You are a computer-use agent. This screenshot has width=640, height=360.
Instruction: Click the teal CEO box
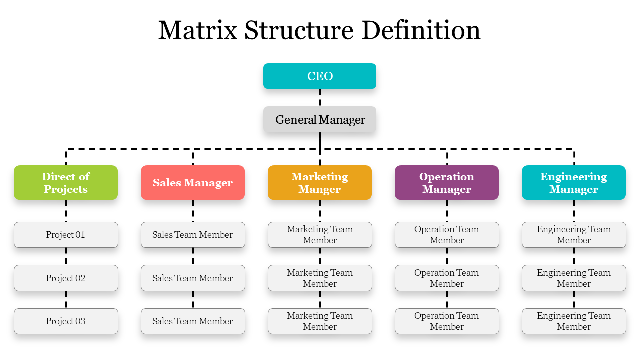pyautogui.click(x=320, y=76)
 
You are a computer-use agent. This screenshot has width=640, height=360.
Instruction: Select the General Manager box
pyautogui.click(x=320, y=120)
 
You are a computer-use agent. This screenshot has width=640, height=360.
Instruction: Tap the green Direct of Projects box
pyautogui.click(x=66, y=183)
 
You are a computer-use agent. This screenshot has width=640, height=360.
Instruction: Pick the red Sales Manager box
pyautogui.click(x=193, y=183)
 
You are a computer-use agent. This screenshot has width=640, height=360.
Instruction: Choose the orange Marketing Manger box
pyautogui.click(x=320, y=183)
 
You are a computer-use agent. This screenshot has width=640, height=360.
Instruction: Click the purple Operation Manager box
pyautogui.click(x=447, y=183)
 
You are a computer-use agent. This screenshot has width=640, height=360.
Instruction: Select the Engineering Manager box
pyautogui.click(x=574, y=183)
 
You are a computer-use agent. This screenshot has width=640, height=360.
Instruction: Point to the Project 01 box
pyautogui.click(x=66, y=235)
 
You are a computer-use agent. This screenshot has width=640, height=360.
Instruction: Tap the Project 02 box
pyautogui.click(x=66, y=278)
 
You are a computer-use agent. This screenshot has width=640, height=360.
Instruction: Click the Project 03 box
pyautogui.click(x=66, y=321)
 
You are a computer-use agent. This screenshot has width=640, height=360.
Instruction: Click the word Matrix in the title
pyautogui.click(x=198, y=30)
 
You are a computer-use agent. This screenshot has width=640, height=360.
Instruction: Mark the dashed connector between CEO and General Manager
pyautogui.click(x=320, y=97)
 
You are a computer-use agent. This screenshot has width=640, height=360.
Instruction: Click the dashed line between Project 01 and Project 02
pyautogui.click(x=66, y=256)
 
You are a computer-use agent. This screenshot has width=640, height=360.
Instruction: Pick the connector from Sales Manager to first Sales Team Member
pyautogui.click(x=193, y=211)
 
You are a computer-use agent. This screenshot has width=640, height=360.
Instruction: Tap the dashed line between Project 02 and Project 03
pyautogui.click(x=66, y=300)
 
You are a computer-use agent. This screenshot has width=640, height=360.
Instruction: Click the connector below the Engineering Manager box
pyautogui.click(x=574, y=211)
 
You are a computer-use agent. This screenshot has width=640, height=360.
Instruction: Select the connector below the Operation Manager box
pyautogui.click(x=447, y=211)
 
